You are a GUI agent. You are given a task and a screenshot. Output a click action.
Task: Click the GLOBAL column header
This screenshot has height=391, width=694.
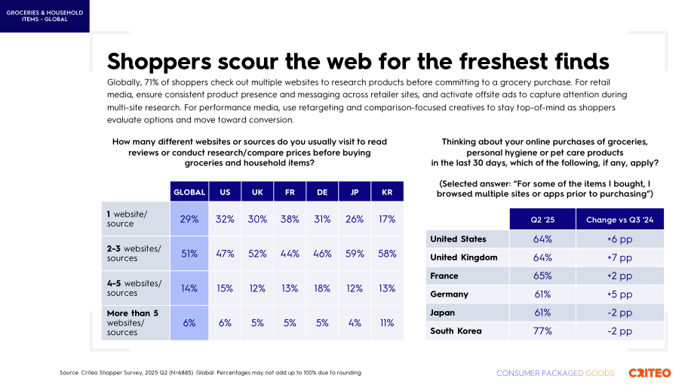coord(189,192)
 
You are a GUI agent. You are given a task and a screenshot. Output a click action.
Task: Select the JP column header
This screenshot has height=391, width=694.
coord(355,192)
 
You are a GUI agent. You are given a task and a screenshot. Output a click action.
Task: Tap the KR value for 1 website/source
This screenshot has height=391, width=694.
coord(387,219)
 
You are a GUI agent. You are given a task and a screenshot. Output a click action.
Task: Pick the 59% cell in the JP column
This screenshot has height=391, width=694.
coord(355,254)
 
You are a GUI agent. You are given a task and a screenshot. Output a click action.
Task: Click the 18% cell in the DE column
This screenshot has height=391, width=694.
coord(322,288)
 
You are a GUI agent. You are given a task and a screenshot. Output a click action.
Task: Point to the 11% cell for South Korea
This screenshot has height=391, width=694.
coord(387,323)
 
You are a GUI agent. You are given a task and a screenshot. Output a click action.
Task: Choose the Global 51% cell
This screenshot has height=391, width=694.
coord(189,254)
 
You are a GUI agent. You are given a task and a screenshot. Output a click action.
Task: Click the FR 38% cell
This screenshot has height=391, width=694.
coord(290,219)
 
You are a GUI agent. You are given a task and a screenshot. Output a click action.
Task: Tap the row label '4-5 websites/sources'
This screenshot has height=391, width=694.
coord(134,288)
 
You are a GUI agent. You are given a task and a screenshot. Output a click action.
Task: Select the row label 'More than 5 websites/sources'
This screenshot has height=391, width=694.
coord(132,322)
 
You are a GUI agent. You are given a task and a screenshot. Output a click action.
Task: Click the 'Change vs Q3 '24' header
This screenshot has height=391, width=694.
coord(619,219)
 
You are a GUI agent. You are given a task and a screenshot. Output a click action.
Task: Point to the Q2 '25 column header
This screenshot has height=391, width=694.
coord(542,219)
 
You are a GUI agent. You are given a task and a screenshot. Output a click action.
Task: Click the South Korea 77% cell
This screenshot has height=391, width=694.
coord(542,331)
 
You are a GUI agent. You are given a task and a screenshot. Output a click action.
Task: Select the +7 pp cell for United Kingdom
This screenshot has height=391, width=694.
coord(619,257)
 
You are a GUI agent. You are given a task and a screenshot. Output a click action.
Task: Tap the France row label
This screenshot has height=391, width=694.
coord(444,276)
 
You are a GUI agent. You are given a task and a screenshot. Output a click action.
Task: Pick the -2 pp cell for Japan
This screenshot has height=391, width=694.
coord(619,312)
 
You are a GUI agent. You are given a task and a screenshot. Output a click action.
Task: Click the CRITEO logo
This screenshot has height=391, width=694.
coord(649,373)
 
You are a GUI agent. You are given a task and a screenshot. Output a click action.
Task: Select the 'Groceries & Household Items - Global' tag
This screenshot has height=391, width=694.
coord(45,16)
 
